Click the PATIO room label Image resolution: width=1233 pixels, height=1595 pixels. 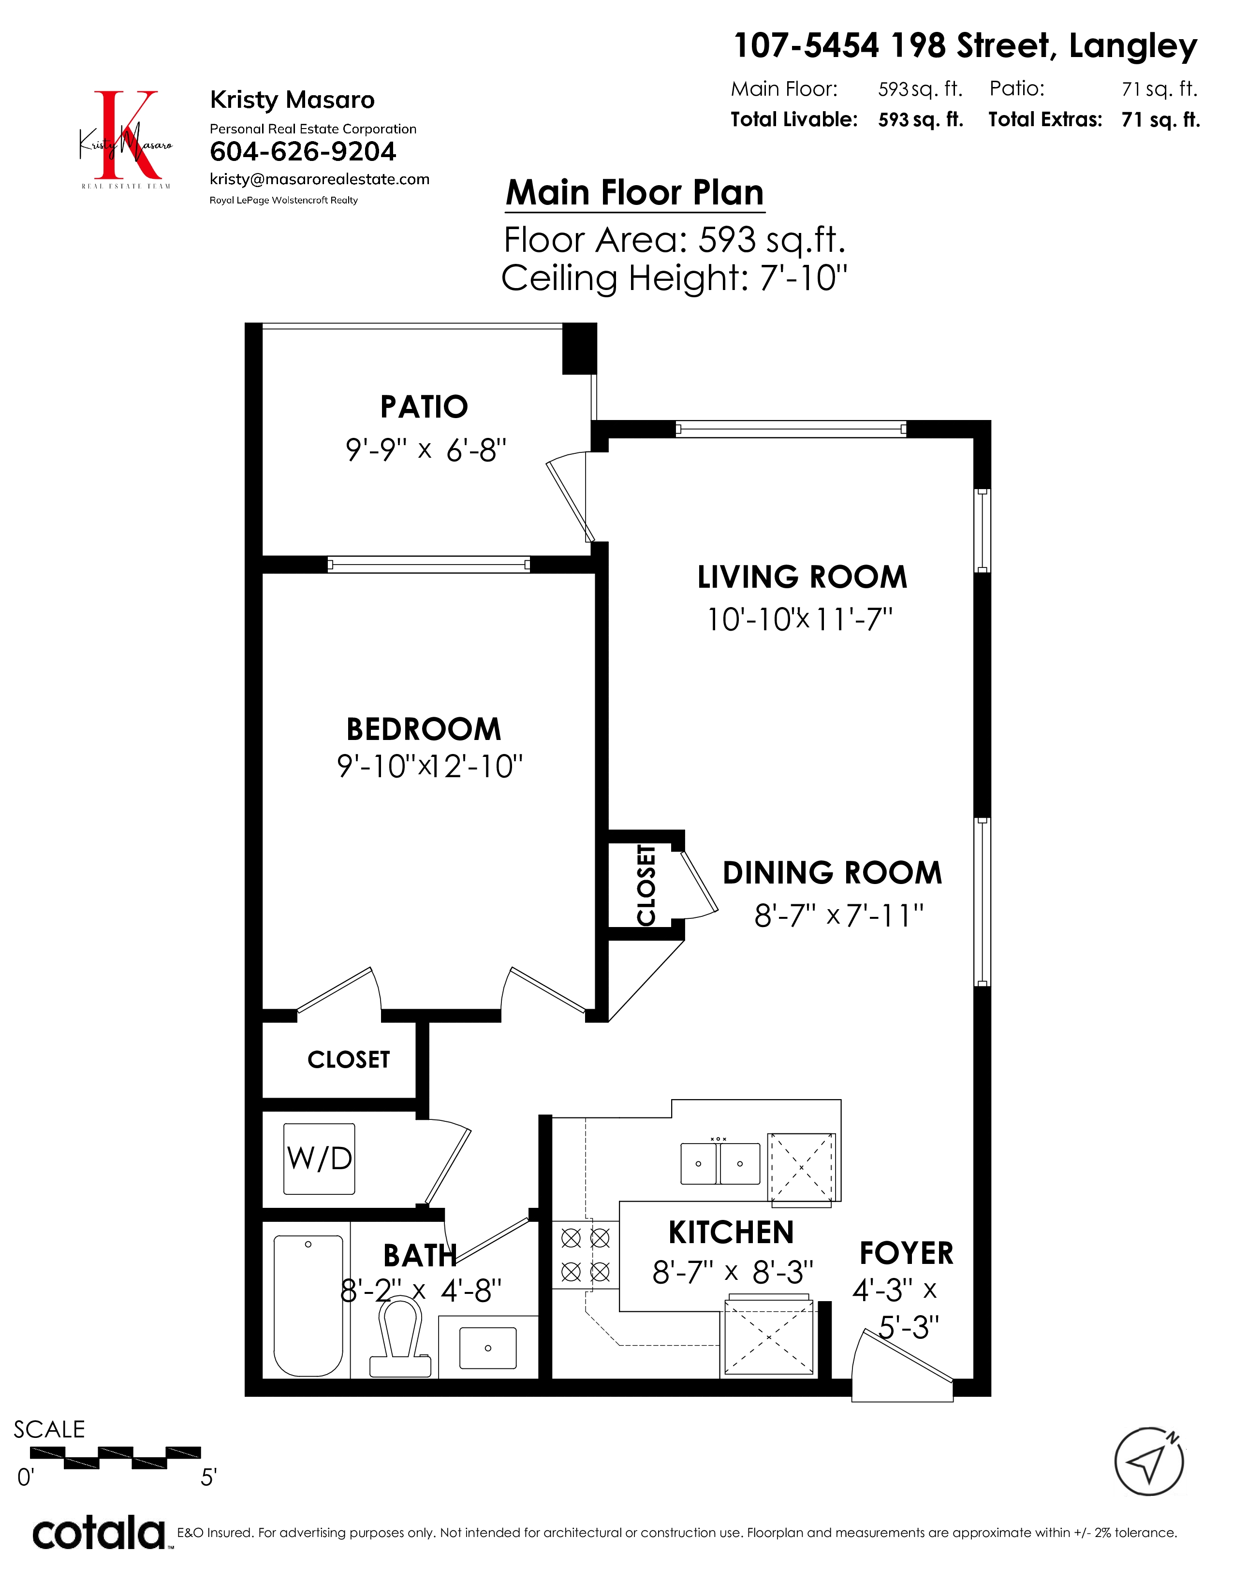(424, 407)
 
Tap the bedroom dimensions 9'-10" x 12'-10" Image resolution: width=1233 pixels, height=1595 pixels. (429, 766)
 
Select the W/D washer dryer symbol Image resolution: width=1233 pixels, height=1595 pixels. (319, 1159)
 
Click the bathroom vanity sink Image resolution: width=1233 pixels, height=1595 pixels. (488, 1348)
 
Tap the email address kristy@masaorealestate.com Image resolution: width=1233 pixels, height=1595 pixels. (319, 180)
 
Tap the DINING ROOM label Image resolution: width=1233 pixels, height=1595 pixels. (833, 873)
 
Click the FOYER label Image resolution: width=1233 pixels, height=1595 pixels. (907, 1253)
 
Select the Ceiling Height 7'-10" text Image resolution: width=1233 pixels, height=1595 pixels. (674, 278)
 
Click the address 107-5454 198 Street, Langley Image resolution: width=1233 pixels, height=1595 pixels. (966, 46)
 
